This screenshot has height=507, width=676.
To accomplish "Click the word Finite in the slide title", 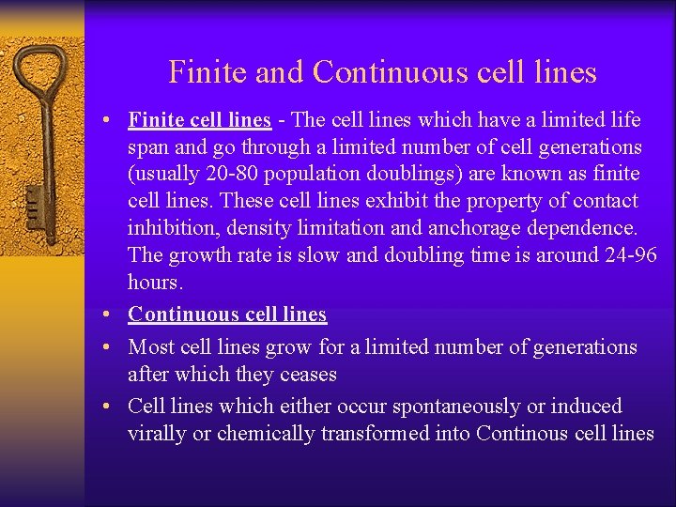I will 200,72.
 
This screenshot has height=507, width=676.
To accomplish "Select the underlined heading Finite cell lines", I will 199,120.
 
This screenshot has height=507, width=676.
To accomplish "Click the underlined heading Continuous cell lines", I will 227,315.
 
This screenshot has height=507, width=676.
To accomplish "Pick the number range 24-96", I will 626,255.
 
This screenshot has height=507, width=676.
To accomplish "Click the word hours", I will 154,283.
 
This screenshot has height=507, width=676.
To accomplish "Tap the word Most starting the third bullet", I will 149,347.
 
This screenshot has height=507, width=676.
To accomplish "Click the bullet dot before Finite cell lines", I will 111,121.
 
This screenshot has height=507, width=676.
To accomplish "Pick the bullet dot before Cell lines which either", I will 111,407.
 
